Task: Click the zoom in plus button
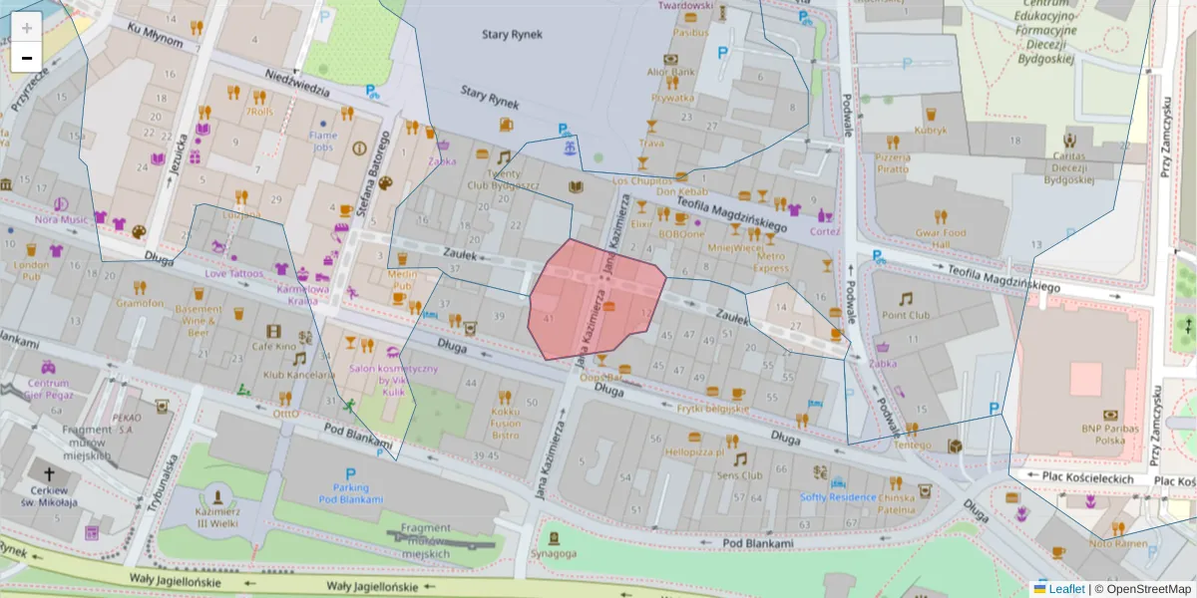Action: point(27,28)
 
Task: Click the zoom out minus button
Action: point(27,58)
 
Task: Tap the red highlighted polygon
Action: point(594,299)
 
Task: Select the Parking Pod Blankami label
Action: point(350,492)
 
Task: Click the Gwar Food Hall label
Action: point(941,238)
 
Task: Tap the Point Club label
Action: point(905,315)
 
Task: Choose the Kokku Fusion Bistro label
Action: point(505,423)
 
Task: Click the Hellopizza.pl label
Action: point(693,451)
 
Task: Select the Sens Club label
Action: point(739,475)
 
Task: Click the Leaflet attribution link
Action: point(1065,589)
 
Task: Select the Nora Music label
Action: point(61,219)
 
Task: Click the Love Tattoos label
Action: point(234,273)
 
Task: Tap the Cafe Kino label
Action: point(273,346)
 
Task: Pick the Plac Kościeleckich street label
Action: point(1087,477)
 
